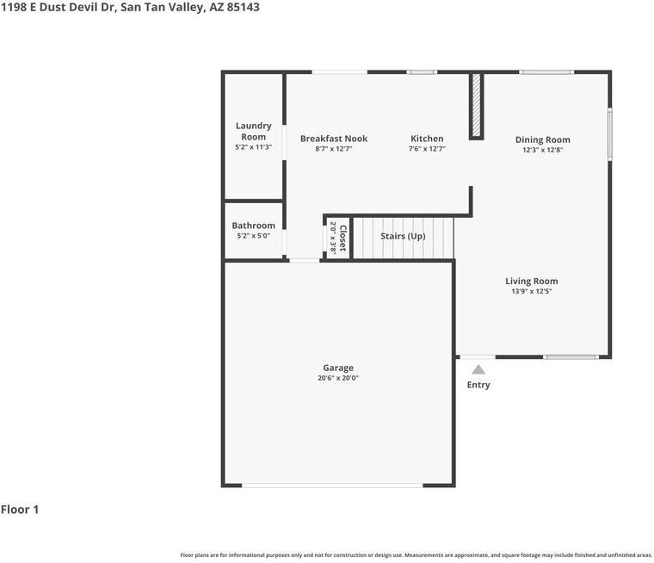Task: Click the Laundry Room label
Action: click(254, 131)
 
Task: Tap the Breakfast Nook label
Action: click(334, 139)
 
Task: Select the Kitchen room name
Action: click(427, 139)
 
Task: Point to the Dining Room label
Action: click(543, 139)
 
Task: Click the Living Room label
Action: click(532, 281)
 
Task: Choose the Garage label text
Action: click(338, 368)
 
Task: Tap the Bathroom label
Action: click(254, 226)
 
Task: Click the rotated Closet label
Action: click(342, 238)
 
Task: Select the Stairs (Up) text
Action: click(403, 236)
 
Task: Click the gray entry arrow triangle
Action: click(478, 370)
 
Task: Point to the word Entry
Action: click(478, 385)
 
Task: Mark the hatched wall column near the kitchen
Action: click(476, 106)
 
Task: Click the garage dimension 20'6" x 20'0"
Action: click(338, 378)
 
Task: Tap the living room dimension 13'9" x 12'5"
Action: click(532, 291)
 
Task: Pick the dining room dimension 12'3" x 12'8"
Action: click(543, 150)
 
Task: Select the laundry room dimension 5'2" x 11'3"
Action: click(254, 147)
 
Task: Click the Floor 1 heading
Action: click(20, 510)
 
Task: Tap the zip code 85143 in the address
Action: click(244, 7)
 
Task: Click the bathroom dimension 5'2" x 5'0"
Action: click(254, 236)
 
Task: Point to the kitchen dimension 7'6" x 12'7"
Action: click(427, 149)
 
